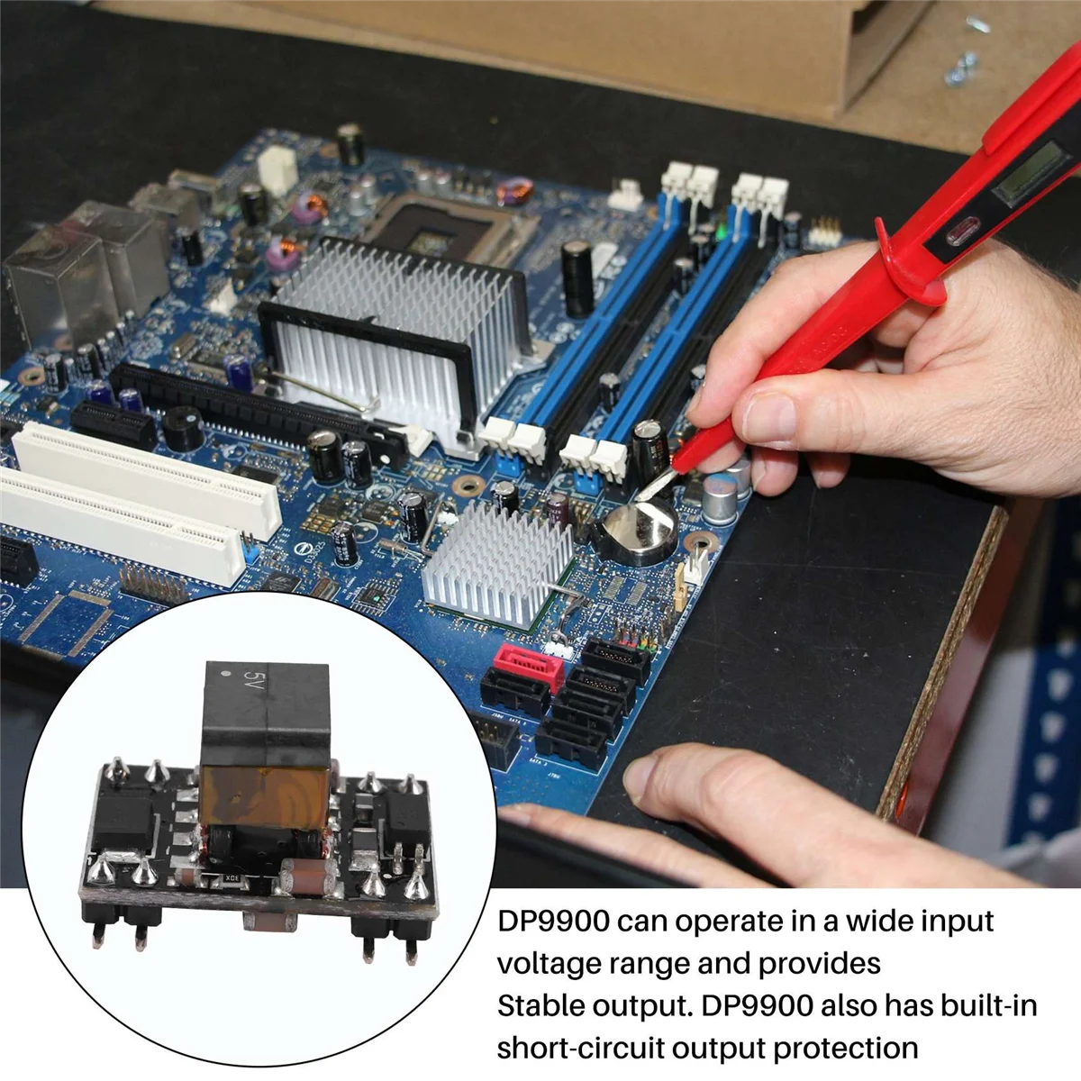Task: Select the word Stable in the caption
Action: [x=540, y=1006]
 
